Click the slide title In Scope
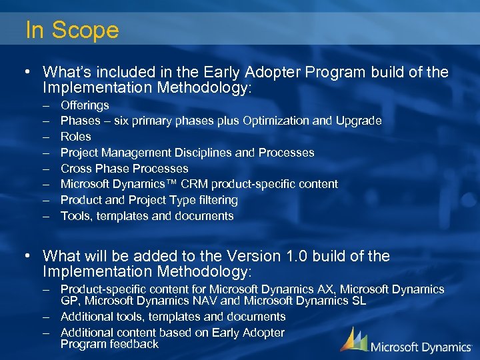coord(72,30)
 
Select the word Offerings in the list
coord(85,105)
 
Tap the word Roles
coord(76,137)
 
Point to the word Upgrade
coord(359,121)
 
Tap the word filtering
coord(215,200)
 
